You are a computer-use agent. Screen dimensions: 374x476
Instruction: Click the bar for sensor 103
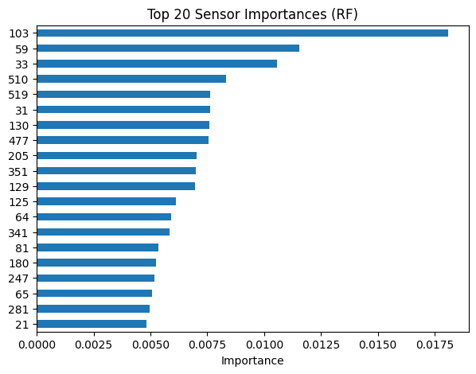click(242, 33)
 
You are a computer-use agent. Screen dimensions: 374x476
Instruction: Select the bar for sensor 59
click(168, 48)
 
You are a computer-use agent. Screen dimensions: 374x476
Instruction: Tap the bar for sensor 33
click(157, 64)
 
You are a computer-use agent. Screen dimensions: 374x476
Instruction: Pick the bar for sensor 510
click(131, 79)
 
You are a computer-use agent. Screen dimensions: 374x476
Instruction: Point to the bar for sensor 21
click(92, 324)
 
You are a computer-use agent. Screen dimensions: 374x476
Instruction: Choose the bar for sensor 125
click(106, 201)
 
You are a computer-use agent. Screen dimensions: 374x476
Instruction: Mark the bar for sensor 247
click(96, 278)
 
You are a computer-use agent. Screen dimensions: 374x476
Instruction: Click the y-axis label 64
click(22, 217)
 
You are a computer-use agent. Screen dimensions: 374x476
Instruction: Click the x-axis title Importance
click(252, 360)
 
